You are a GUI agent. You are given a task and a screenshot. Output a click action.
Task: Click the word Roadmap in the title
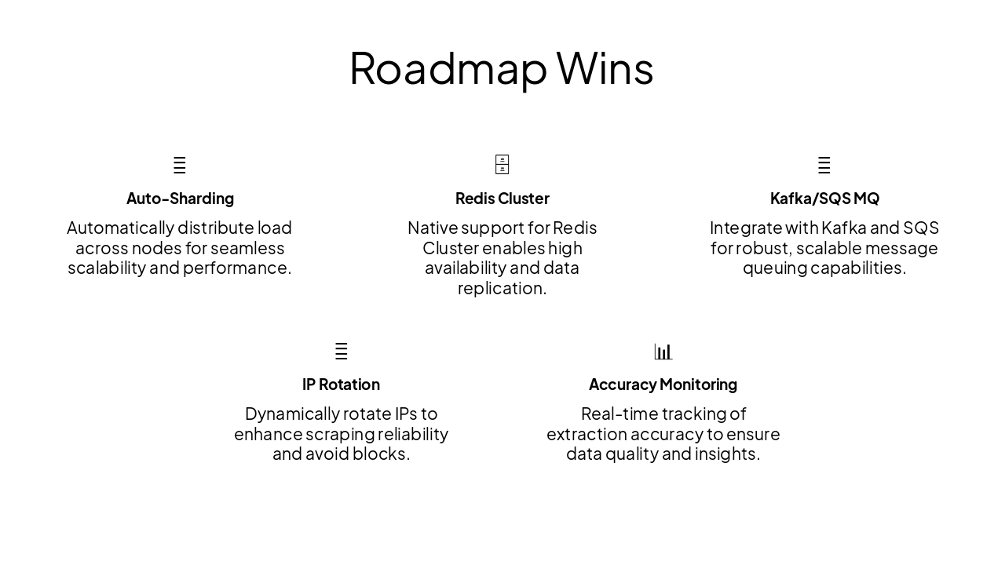(x=448, y=68)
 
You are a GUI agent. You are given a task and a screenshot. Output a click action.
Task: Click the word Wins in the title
(x=605, y=68)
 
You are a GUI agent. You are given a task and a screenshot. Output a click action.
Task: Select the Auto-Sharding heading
(x=180, y=199)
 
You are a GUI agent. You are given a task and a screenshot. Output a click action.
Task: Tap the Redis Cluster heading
(x=502, y=199)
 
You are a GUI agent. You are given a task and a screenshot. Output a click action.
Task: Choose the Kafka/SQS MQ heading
(x=824, y=199)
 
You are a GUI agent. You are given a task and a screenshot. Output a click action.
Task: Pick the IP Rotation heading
(x=341, y=385)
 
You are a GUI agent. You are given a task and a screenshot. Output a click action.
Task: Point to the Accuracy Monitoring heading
(x=663, y=385)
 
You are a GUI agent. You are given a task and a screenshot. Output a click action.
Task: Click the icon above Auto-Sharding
(x=180, y=166)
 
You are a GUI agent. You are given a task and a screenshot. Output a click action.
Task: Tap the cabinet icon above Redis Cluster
(x=502, y=165)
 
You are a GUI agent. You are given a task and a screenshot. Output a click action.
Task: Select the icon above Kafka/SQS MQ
(x=824, y=166)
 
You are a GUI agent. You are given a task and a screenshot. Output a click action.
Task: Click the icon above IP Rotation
(x=341, y=352)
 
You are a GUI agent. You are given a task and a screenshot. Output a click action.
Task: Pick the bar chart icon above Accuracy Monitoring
(x=663, y=352)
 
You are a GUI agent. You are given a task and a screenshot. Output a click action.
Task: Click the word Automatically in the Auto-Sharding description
(x=119, y=228)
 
